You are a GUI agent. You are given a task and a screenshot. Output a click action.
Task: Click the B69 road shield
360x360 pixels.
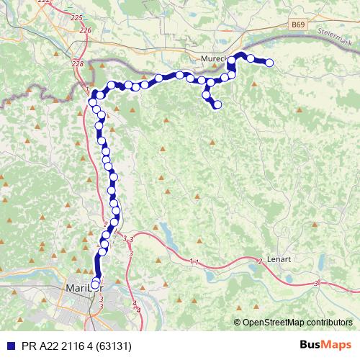click(x=298, y=24)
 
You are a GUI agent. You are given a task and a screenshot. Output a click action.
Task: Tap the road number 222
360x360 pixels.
click(x=44, y=3)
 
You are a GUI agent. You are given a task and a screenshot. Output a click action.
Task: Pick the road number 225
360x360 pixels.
click(x=77, y=17)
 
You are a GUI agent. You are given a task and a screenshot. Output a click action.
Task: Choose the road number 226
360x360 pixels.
click(x=86, y=30)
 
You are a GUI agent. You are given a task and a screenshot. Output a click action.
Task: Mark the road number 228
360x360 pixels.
click(x=78, y=63)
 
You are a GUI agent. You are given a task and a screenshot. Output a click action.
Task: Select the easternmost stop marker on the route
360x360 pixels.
click(x=270, y=63)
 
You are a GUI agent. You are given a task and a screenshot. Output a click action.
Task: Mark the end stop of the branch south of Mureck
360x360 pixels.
click(x=217, y=106)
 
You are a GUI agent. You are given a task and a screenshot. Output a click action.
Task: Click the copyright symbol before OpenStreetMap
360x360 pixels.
click(x=237, y=323)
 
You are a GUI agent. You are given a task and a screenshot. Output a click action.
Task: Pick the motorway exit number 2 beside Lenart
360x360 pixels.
click(x=259, y=261)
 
